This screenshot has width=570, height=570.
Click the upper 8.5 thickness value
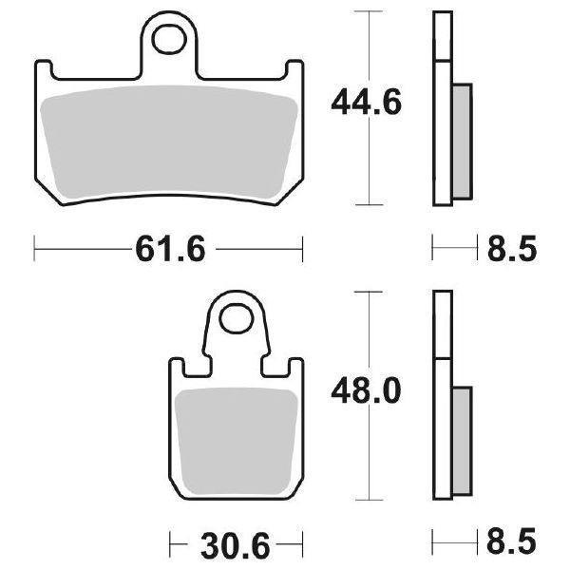click(513, 250)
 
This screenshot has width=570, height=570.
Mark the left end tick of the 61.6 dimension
click(34, 250)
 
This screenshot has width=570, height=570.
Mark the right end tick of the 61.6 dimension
click(303, 250)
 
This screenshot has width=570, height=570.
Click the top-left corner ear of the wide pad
click(41, 67)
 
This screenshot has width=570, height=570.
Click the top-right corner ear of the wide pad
click(294, 67)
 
